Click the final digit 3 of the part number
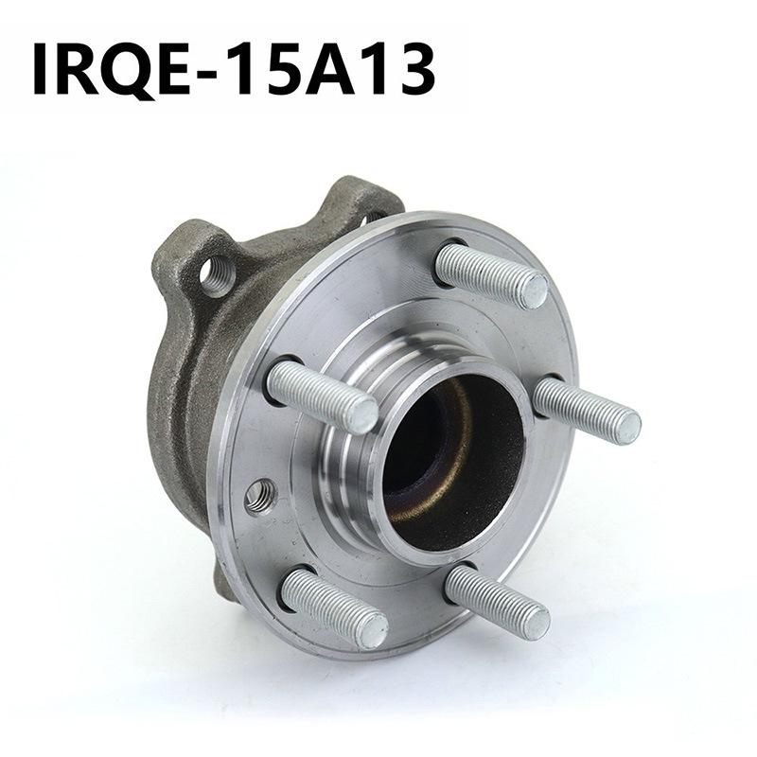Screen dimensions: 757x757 pyautogui.click(x=414, y=68)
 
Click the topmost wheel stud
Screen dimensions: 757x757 pyautogui.click(x=491, y=274)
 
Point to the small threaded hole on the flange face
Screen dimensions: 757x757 pyautogui.click(x=258, y=494)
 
